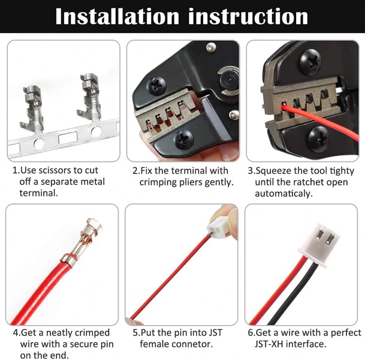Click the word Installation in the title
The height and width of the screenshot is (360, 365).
pyautogui.click(x=117, y=16)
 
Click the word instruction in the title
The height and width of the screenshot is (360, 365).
pyautogui.click(x=248, y=16)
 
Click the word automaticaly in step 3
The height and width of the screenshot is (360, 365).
pyautogui.click(x=283, y=194)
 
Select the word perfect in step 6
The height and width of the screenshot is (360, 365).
pyautogui.click(x=346, y=333)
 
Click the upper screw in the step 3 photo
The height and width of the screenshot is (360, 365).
pyautogui.click(x=310, y=62)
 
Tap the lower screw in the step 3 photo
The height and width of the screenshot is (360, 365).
pyautogui.click(x=319, y=139)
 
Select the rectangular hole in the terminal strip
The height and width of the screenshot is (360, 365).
pyautogui.click(x=68, y=138)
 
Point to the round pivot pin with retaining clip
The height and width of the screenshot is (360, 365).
pyautogui.click(x=229, y=80)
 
